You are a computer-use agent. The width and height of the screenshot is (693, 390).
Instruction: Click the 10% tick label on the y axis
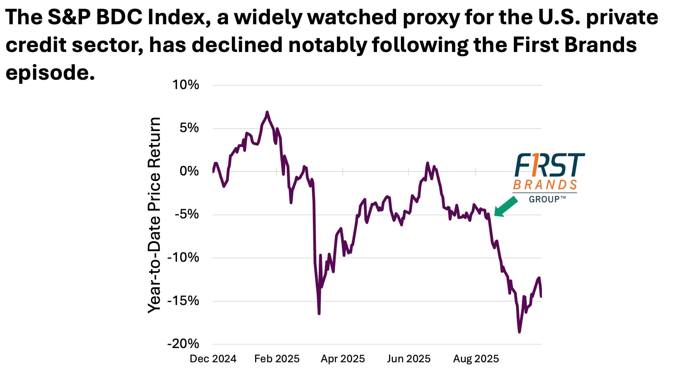point(186,85)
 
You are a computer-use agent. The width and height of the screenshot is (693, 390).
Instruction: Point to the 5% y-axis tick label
point(189,128)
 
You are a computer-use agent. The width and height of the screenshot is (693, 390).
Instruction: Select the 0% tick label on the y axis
point(189,171)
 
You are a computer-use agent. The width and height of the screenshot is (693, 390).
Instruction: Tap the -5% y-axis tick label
point(186,214)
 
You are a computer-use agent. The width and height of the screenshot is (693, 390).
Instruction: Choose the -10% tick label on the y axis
point(183,257)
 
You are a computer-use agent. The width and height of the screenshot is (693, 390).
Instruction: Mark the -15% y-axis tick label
point(183,301)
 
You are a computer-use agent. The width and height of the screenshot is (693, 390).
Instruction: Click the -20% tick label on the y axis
point(183,344)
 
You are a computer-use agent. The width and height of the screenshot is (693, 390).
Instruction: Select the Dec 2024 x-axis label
point(213,358)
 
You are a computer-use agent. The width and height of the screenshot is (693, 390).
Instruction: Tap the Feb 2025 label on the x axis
point(277,358)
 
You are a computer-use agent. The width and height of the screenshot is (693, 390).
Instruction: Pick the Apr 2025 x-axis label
point(343,358)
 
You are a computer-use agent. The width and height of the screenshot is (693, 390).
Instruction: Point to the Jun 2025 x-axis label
point(409,358)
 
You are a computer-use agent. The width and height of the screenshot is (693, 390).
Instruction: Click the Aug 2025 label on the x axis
point(476,358)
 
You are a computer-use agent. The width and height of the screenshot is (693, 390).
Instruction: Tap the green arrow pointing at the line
point(506,207)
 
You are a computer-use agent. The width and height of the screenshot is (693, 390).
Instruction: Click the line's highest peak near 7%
point(267,112)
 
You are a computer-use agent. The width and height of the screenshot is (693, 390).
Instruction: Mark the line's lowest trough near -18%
point(519,332)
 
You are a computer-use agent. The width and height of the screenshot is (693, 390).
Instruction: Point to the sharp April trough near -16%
point(319,313)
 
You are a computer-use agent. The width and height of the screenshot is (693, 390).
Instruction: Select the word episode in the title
point(50,73)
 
